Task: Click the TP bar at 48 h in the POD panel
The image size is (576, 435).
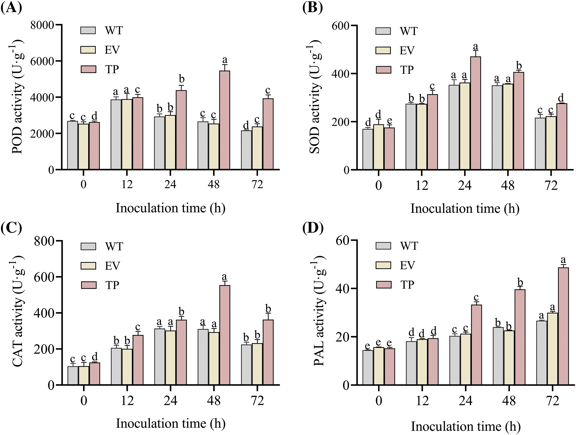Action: click(224, 120)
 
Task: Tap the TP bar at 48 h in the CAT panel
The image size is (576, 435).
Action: click(224, 335)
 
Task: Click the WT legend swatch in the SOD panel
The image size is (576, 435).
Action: click(383, 31)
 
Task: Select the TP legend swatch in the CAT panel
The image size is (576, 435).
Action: click(88, 285)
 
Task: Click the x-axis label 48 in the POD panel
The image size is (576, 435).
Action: click(214, 184)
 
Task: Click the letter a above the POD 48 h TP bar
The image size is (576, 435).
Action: click(225, 60)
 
